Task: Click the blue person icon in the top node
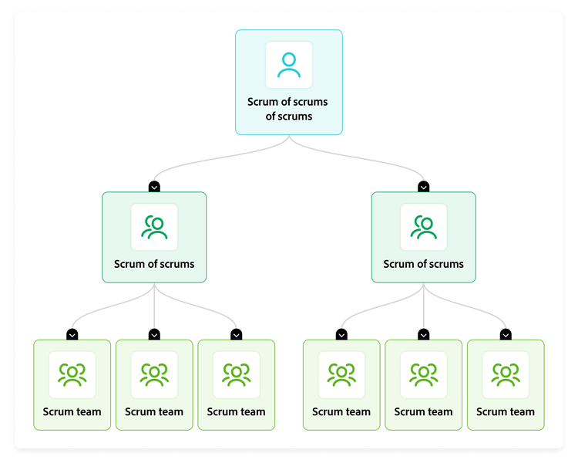pos(289,65)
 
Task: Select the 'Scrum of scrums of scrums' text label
pos(288,109)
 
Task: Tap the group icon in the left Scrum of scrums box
pos(154,227)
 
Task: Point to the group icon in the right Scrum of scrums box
pos(423,227)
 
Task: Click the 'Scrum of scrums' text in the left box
pos(154,264)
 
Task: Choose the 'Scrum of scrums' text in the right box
pos(423,264)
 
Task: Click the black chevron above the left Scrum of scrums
pos(154,187)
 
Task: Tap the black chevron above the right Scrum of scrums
pos(423,187)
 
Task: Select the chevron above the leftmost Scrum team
pos(72,334)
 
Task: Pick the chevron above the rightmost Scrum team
pos(506,334)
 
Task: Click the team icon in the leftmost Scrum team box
pos(72,375)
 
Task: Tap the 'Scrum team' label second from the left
pos(154,412)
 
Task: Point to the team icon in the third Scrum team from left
pos(236,375)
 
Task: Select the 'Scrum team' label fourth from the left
pos(341,412)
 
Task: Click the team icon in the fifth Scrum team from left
pos(423,375)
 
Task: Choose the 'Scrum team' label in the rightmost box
pos(506,412)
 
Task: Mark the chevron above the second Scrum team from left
pos(154,334)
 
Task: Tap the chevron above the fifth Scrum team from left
pos(423,334)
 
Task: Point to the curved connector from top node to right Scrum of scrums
pos(362,157)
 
